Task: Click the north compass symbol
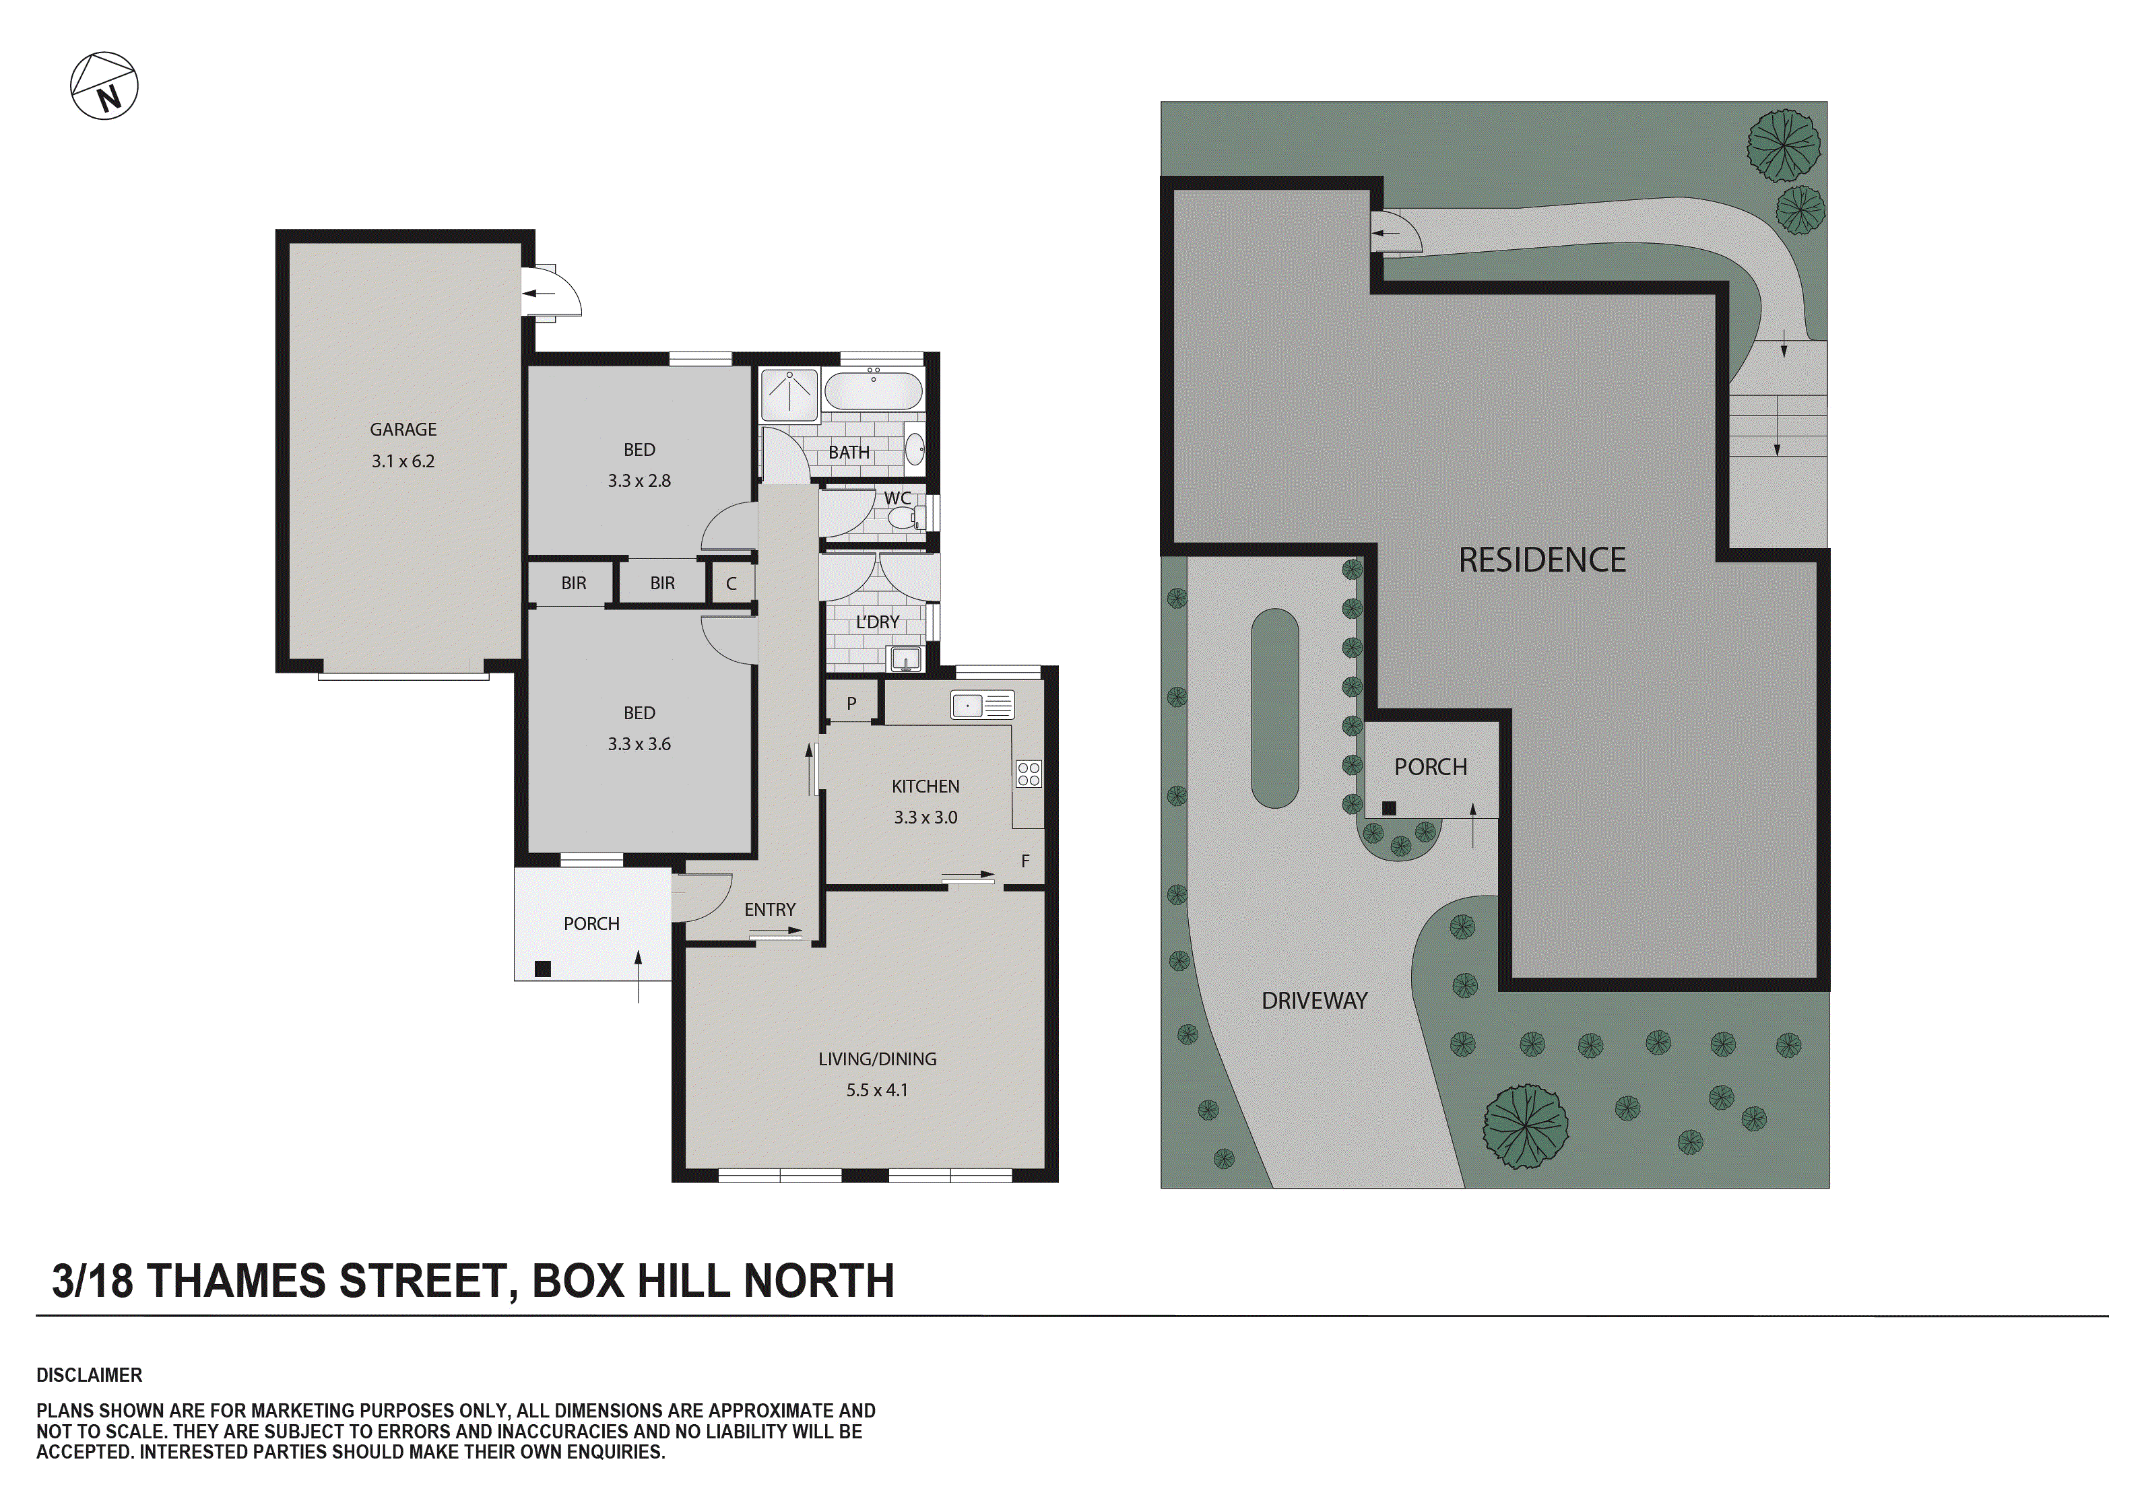[x=104, y=86]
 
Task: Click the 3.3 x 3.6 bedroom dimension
[x=639, y=745]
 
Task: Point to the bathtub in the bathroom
[x=873, y=391]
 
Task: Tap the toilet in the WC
[x=902, y=519]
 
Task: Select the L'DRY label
[x=877, y=622]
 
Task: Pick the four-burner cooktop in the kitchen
[x=1029, y=774]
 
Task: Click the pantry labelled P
[x=851, y=704]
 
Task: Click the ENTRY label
[x=770, y=910]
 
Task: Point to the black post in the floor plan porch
[x=542, y=969]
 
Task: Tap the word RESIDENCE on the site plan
[x=1542, y=561]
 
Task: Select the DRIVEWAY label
[x=1314, y=1001]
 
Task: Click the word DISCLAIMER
[x=90, y=1376]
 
